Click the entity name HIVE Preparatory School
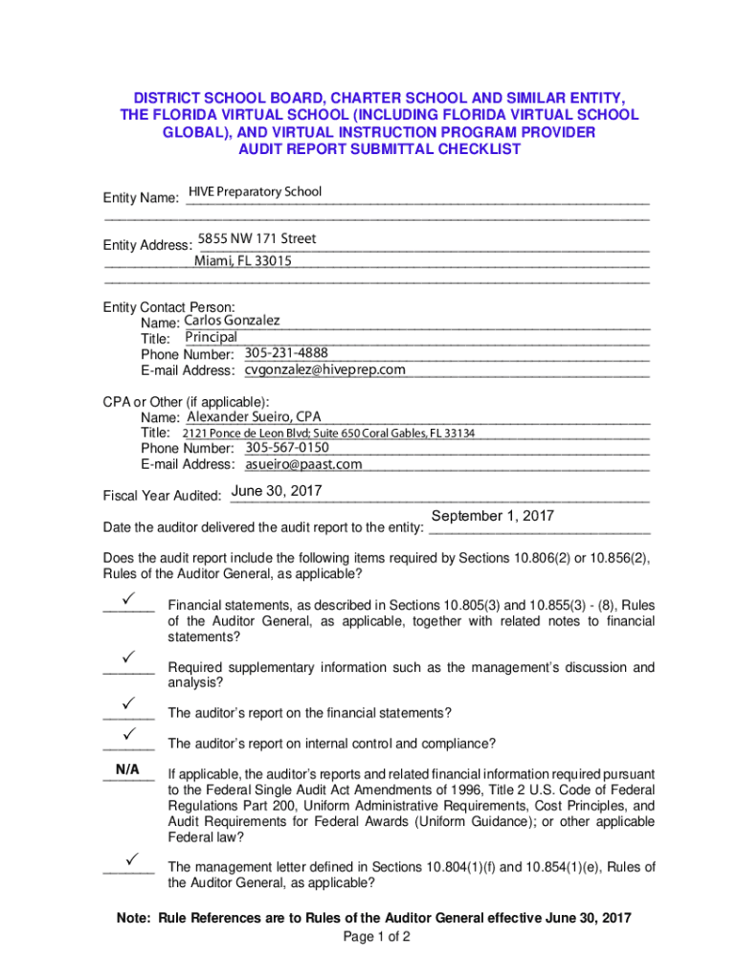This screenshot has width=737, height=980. tap(255, 192)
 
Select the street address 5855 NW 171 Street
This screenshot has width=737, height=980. tap(257, 238)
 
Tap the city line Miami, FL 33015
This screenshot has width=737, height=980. tap(243, 260)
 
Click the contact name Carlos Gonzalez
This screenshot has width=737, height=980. tap(232, 321)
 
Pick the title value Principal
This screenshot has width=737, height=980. tap(211, 338)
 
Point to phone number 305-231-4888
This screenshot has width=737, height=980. tap(286, 353)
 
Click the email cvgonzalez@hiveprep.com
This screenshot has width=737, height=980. tap(325, 369)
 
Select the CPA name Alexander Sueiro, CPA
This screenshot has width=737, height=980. tap(254, 416)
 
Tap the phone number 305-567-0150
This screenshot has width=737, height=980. tap(287, 448)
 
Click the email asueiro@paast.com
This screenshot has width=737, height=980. tap(303, 464)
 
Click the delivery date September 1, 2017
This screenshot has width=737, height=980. tap(493, 516)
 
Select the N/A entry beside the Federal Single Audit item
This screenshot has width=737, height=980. tap(127, 769)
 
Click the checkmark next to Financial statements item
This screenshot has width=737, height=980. tap(127, 597)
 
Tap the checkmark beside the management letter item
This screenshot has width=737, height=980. tap(127, 857)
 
